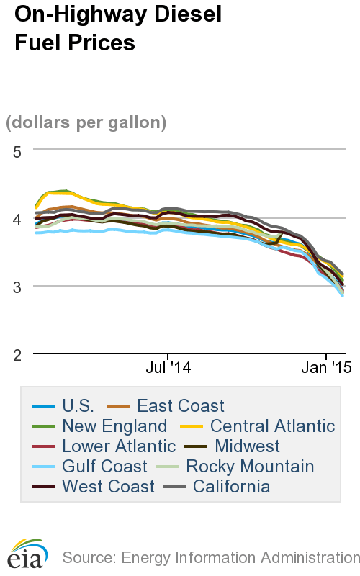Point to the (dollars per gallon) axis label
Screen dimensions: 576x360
(x=86, y=122)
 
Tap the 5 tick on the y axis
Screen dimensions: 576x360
(x=18, y=150)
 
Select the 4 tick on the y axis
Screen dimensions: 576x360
(x=18, y=218)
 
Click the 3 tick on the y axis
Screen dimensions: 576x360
(x=18, y=286)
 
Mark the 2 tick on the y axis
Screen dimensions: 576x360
(x=18, y=354)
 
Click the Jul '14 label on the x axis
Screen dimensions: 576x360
(x=168, y=368)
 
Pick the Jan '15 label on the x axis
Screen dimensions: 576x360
(x=325, y=368)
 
